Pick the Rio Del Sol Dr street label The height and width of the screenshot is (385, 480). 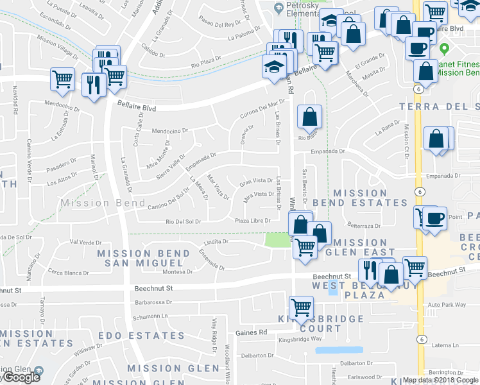[184, 221]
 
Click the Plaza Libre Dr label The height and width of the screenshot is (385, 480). [251, 221]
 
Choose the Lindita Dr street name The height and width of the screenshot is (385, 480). [216, 243]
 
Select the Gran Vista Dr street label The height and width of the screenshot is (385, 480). [256, 181]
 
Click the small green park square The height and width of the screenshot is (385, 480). [277, 239]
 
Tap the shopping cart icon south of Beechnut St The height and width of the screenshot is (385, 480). [301, 307]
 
